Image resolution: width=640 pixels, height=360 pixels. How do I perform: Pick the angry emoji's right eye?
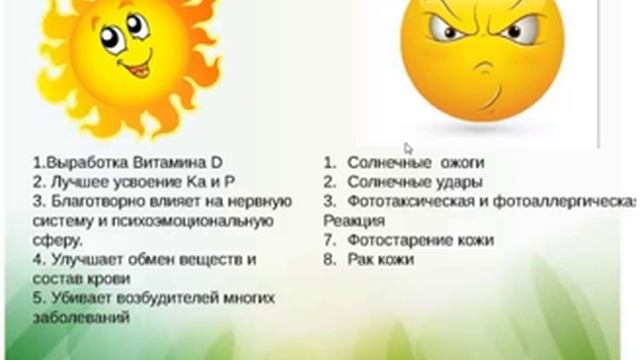(x=512, y=32)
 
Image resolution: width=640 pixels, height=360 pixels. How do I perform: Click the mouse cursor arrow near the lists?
(x=408, y=149)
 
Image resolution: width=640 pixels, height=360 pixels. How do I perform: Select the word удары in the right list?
(x=465, y=182)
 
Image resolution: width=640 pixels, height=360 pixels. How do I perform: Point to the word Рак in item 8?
(x=361, y=259)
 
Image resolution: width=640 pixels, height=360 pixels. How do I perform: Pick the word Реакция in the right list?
(x=352, y=220)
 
